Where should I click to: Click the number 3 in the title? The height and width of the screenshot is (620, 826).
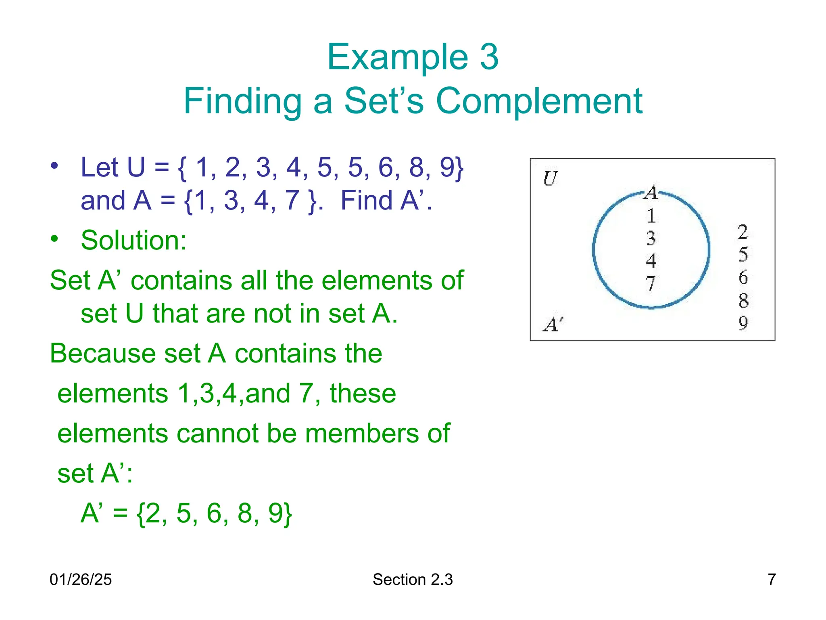[x=489, y=57]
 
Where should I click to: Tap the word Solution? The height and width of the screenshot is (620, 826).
[x=133, y=240]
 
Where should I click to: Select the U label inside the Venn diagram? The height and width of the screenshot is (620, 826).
[x=550, y=178]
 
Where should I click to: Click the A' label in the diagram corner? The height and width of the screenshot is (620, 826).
[x=553, y=324]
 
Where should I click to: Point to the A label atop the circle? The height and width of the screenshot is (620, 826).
[x=651, y=193]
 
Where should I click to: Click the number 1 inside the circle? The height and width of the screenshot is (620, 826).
[x=651, y=216]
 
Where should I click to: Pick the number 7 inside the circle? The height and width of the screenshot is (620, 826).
[x=651, y=283]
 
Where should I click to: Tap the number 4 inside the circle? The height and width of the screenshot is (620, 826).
[x=651, y=261]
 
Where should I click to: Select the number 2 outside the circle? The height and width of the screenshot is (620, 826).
[x=743, y=232]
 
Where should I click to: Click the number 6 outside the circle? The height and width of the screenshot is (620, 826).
[x=743, y=277]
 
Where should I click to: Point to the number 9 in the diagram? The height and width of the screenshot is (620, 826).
[x=743, y=323]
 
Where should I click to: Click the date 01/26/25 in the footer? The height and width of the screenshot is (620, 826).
[x=81, y=579]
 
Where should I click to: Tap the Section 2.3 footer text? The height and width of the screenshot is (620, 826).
[x=413, y=579]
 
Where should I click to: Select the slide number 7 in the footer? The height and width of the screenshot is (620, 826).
[x=772, y=579]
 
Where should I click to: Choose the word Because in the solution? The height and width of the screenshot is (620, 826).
[x=103, y=353]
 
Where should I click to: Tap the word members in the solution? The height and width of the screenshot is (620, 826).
[x=362, y=433]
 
